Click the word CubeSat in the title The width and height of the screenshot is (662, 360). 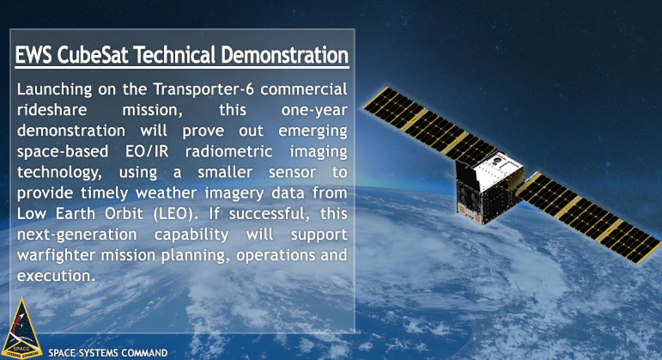92,55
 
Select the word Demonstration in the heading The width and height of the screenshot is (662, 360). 285,55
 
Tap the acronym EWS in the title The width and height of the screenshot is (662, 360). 33,55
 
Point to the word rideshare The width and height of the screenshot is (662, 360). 52,110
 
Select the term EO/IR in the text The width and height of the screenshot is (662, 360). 147,151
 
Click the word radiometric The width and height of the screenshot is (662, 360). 229,151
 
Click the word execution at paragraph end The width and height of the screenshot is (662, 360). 54,276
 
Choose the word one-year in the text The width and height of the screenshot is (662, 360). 314,110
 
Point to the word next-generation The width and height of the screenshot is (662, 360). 76,235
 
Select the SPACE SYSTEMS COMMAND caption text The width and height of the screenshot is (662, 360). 108,353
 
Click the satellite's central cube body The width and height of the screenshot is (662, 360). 489,186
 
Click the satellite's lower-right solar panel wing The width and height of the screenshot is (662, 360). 588,217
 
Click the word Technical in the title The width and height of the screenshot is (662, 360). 174,55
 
